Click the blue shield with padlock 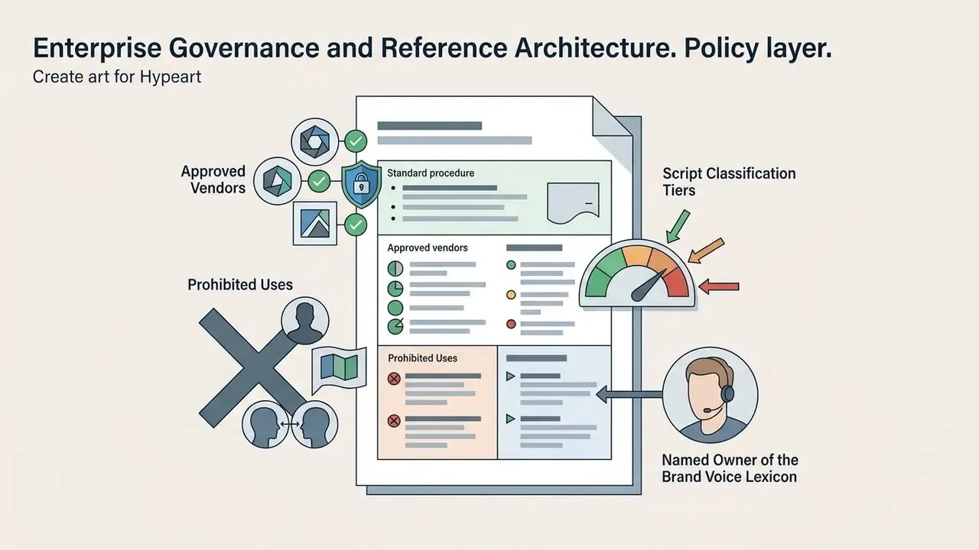pyautogui.click(x=360, y=184)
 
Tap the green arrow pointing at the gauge pyautogui.click(x=678, y=226)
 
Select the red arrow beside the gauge pyautogui.click(x=718, y=286)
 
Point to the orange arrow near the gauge pyautogui.click(x=706, y=251)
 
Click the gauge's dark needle pyautogui.click(x=648, y=286)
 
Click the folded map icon pyautogui.click(x=339, y=367)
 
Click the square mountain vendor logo pyautogui.click(x=315, y=224)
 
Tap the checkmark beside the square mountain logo pyautogui.click(x=356, y=225)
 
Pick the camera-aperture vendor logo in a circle pyautogui.click(x=314, y=141)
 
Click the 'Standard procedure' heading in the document pyautogui.click(x=431, y=173)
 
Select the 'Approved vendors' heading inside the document pyautogui.click(x=428, y=248)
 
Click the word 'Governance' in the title pyautogui.click(x=244, y=48)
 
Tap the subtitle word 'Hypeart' pyautogui.click(x=171, y=77)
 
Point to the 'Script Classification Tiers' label pyautogui.click(x=729, y=182)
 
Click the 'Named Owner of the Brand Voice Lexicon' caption pyautogui.click(x=730, y=468)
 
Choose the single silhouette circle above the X pyautogui.click(x=305, y=321)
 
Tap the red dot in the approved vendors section pyautogui.click(x=511, y=324)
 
